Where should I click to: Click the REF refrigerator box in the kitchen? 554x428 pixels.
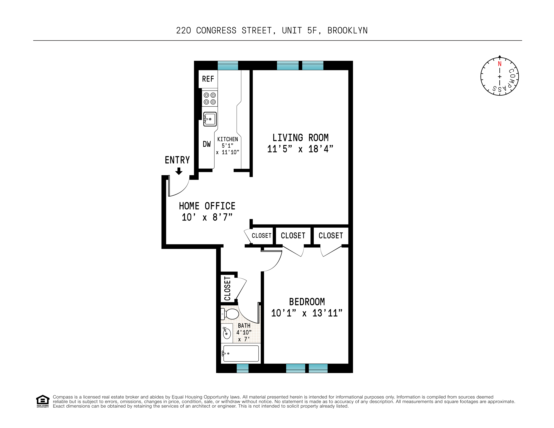[x=208, y=79]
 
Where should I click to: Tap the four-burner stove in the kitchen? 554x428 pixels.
[x=210, y=98]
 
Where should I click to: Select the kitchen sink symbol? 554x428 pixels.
[x=210, y=119]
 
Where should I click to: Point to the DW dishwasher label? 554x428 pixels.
[x=206, y=144]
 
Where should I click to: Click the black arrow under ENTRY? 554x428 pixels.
[x=179, y=171]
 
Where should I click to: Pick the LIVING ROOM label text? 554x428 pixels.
[x=300, y=138]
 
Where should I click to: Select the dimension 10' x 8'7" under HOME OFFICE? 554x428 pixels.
[x=207, y=217]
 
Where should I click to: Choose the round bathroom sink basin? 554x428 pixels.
[x=226, y=334]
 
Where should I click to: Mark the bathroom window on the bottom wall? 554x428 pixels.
[x=242, y=368]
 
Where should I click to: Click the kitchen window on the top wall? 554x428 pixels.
[x=228, y=65]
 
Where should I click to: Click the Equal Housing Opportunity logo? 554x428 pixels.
[x=43, y=401]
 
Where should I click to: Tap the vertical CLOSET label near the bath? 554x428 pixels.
[x=227, y=289]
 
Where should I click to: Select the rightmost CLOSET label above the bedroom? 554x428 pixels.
[x=330, y=236]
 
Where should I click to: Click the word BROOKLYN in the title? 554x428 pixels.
[x=347, y=30]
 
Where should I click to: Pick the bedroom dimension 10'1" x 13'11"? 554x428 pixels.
[x=307, y=313]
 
